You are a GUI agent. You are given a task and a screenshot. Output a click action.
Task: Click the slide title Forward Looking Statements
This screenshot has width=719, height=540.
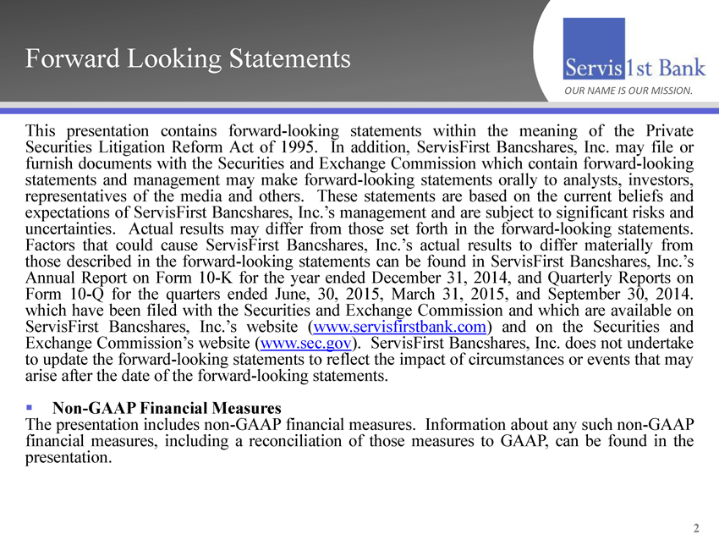(x=187, y=58)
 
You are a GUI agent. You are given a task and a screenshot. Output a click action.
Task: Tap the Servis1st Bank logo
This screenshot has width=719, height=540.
(x=631, y=64)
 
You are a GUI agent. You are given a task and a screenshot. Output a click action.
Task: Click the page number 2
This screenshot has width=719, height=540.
(x=696, y=529)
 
